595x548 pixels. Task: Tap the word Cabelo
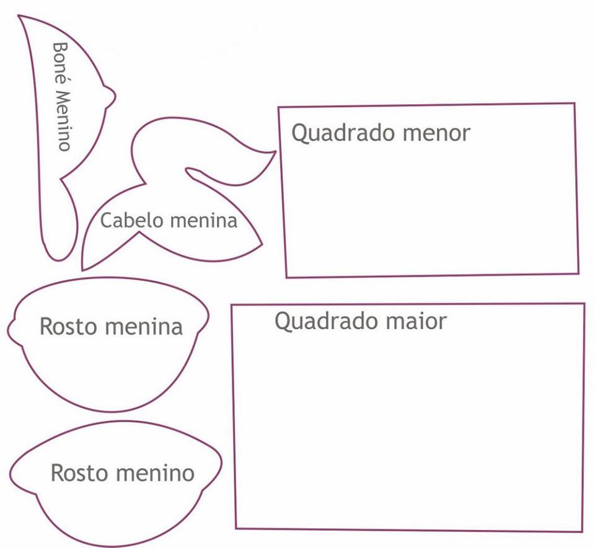[x=125, y=220]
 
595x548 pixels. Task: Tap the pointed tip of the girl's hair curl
[x=275, y=151]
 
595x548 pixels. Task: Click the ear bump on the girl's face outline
[x=11, y=329]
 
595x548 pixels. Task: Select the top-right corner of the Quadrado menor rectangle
[x=574, y=104]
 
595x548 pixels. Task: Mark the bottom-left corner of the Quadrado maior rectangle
[x=236, y=528]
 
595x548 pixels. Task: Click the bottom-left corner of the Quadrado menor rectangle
[x=286, y=276]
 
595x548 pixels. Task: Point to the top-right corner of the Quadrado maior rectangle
[x=584, y=304]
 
